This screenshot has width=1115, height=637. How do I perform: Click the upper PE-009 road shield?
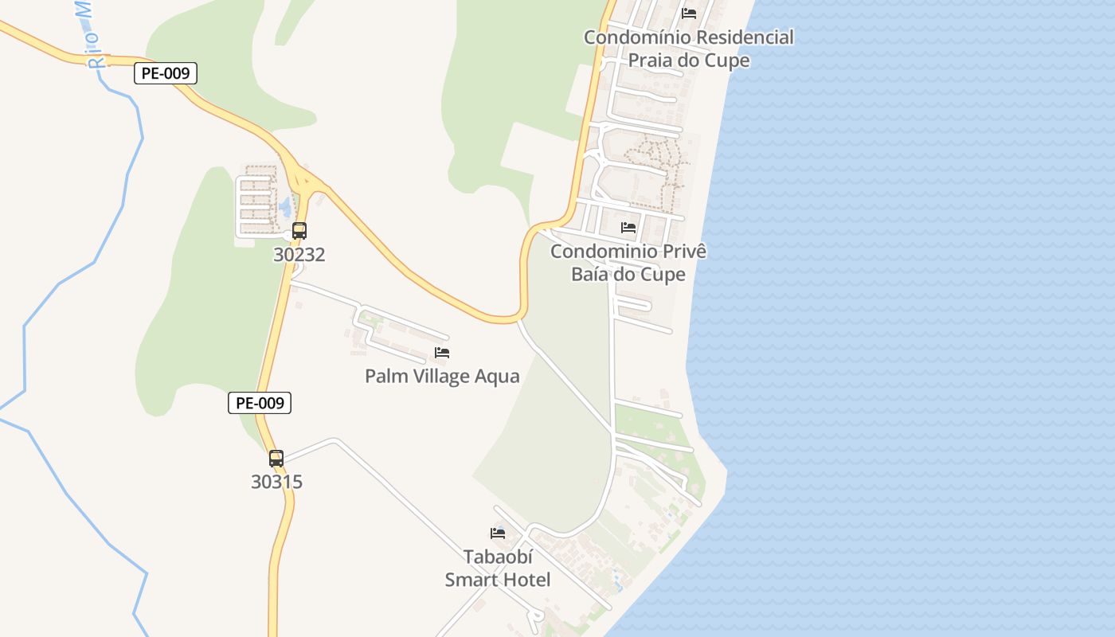[x=165, y=73]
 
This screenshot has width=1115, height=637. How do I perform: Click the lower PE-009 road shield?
[x=260, y=403]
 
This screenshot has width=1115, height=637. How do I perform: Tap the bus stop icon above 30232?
[x=299, y=231]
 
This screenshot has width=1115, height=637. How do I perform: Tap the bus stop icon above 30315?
[x=276, y=459]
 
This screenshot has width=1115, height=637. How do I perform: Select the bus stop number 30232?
[x=299, y=255]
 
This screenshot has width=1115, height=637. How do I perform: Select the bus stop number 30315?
[x=276, y=482]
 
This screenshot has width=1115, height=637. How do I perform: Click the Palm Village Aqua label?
[x=442, y=376]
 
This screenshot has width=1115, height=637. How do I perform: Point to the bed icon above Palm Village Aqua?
[x=442, y=353]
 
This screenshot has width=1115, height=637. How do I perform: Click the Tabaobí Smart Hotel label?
[x=498, y=568]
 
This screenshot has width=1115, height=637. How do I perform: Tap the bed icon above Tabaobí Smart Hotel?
[x=498, y=533]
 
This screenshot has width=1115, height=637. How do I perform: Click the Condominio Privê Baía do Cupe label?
[x=628, y=263]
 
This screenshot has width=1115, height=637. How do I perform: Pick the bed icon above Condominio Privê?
[x=628, y=228]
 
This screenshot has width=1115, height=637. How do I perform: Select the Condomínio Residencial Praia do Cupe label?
[x=689, y=49]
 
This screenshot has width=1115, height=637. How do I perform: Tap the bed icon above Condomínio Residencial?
[x=689, y=14]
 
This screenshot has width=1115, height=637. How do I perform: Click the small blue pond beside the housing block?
[x=284, y=209]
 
